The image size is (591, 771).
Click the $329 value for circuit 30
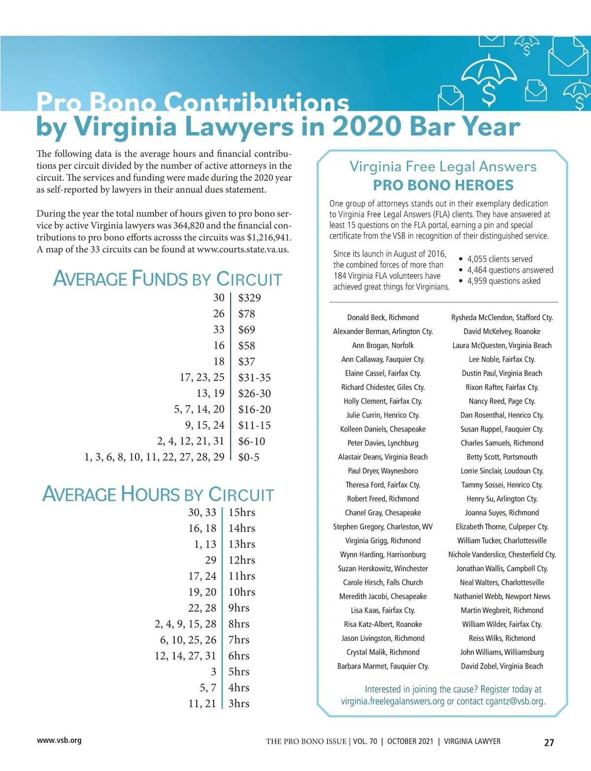[249, 298]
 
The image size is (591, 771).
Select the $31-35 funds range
[254, 378]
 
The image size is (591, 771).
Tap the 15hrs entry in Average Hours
[242, 513]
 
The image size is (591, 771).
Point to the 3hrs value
[239, 704]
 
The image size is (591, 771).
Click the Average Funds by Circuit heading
[167, 279]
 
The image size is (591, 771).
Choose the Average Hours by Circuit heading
[158, 494]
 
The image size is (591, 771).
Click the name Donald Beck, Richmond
[383, 318]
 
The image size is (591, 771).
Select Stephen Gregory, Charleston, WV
[383, 527]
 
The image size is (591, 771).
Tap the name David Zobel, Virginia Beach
[502, 666]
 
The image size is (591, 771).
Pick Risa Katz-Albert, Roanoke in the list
[383, 625]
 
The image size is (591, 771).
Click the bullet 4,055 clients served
[499, 259]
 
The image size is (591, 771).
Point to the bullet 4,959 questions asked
[503, 281]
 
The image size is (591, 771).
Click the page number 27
[549, 742]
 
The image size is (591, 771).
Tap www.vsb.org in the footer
[59, 740]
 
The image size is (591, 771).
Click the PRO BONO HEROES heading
[443, 185]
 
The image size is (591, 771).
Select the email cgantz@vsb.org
[515, 701]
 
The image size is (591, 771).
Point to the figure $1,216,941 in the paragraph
[268, 238]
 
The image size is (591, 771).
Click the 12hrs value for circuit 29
[242, 561]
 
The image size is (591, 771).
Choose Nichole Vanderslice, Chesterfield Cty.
[502, 555]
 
